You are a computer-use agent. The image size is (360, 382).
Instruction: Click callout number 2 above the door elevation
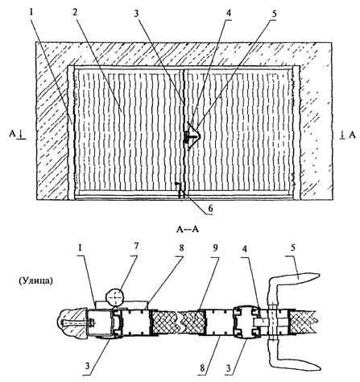[x=75, y=12]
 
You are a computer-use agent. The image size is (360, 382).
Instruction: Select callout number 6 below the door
[x=210, y=208]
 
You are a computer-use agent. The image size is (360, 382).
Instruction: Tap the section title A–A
[x=188, y=230]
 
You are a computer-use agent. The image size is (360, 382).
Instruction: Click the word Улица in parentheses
[x=36, y=281]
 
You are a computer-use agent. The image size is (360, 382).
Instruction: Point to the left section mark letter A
[x=13, y=134]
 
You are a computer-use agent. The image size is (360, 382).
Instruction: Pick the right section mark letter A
[x=352, y=135]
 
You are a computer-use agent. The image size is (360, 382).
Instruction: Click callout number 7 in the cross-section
[x=136, y=246]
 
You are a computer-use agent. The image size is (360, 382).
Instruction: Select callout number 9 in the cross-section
[x=215, y=248]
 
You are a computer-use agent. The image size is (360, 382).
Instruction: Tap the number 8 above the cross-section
[x=181, y=248]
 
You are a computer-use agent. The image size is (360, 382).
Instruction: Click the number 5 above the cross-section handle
[x=293, y=247]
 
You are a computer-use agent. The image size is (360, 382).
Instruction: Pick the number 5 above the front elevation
[x=274, y=14]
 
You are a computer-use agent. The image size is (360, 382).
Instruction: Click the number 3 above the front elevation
[x=137, y=13]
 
